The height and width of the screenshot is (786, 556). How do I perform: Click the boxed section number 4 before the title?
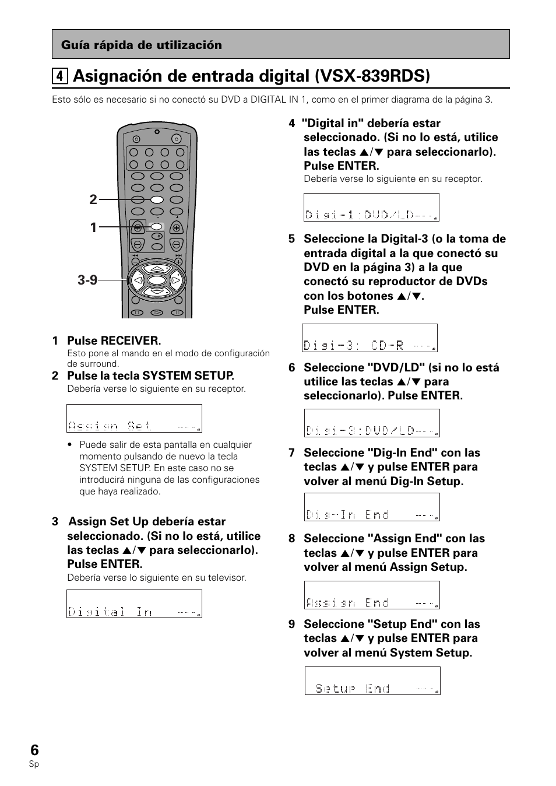(x=58, y=76)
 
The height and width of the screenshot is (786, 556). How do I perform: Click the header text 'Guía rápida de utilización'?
(x=142, y=45)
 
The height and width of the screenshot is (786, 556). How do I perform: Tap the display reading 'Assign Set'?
(x=134, y=419)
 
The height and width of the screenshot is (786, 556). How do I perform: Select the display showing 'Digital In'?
(x=134, y=603)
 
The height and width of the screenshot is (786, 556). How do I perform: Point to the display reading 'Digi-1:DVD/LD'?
(x=371, y=208)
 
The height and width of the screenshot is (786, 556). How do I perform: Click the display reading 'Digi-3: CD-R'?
(x=370, y=338)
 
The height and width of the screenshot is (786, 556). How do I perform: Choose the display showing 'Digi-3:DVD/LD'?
(x=372, y=423)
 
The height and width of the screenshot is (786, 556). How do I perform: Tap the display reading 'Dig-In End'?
(x=372, y=507)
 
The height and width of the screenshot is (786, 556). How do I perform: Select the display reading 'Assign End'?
(x=372, y=595)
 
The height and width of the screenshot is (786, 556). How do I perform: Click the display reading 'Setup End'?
(x=372, y=681)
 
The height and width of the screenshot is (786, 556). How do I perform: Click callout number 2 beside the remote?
(x=93, y=199)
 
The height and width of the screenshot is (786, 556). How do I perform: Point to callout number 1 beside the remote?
(x=93, y=227)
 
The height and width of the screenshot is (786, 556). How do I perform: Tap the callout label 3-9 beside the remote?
(x=87, y=280)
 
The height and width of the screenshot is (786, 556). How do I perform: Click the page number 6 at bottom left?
(x=34, y=750)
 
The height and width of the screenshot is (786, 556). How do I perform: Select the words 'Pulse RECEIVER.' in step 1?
(x=114, y=341)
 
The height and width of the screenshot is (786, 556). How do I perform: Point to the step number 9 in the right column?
(x=291, y=624)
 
